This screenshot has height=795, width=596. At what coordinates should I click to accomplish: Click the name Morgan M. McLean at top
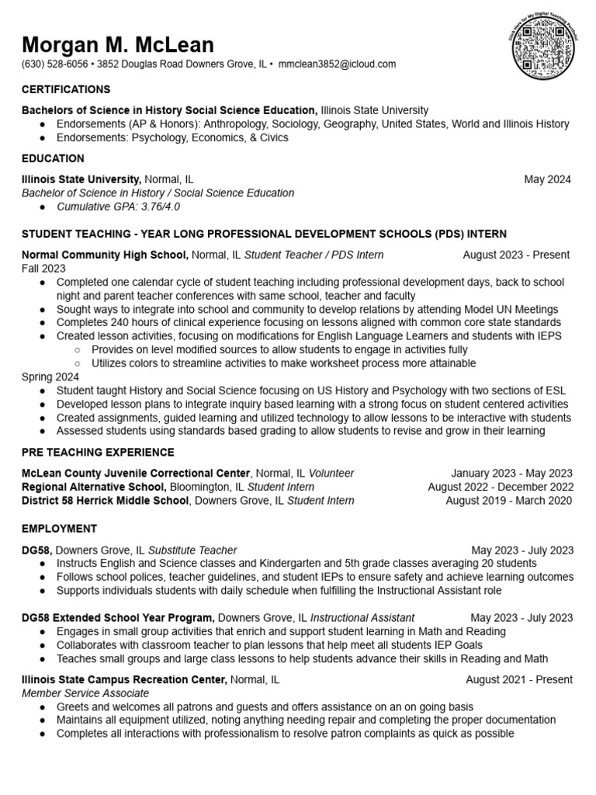coord(118,44)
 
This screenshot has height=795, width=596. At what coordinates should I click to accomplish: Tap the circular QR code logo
coord(542,47)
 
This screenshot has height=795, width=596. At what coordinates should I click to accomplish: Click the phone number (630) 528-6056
coord(54,64)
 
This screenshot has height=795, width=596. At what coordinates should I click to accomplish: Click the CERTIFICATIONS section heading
coord(66,90)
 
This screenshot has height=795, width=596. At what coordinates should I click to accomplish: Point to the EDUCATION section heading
coord(53,158)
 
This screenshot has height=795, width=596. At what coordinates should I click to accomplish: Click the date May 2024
coord(547,179)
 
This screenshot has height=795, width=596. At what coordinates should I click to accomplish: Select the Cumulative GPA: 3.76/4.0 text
coord(119,207)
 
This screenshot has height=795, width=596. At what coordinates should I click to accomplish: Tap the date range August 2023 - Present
coord(516,255)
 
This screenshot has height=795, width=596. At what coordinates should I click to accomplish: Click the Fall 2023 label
coord(43,268)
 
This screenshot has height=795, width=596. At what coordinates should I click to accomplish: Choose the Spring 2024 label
coord(50,377)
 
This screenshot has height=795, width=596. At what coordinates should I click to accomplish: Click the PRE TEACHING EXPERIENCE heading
coord(98,453)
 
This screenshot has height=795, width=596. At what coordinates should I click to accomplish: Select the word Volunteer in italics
coord(331,474)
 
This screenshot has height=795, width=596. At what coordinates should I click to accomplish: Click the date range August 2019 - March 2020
coord(509,501)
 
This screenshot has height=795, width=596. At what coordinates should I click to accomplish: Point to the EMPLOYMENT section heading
coord(59,529)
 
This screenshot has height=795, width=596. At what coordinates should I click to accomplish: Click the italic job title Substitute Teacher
coord(192,550)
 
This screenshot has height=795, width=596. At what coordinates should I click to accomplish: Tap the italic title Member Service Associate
coord(85,693)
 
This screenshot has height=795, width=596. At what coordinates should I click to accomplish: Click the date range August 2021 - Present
coord(519,680)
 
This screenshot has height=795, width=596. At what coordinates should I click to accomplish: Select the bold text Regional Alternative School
coord(94,487)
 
